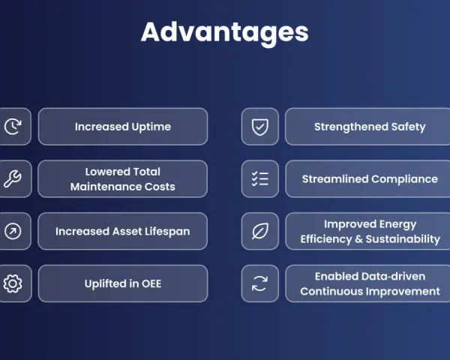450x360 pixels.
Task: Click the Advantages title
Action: coord(225,33)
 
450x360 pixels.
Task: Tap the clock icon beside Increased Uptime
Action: coord(13,126)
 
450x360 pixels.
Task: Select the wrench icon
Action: coord(13,178)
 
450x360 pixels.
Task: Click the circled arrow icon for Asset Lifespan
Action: coord(13,231)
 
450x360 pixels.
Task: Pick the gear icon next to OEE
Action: coord(13,283)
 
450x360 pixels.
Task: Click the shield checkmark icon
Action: coord(260,127)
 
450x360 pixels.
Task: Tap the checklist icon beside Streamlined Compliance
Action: coord(260,178)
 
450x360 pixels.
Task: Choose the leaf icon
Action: coord(260,231)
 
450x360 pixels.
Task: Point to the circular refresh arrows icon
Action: coord(259,283)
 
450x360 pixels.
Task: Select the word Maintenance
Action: coord(106,187)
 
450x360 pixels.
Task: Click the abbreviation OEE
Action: coord(151,283)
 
